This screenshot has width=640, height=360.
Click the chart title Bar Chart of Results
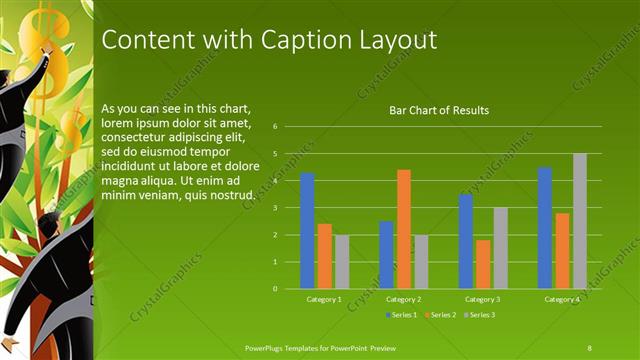439,110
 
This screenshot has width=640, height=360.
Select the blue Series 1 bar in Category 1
307,231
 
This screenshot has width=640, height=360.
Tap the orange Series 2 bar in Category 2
403,229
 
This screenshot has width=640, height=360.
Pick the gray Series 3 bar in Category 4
580,221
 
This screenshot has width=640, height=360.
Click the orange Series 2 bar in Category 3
483,264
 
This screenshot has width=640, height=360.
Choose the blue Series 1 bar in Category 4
545,228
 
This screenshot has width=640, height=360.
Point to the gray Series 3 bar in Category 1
342,262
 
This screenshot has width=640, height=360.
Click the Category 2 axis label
403,299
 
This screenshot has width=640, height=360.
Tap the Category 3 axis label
483,299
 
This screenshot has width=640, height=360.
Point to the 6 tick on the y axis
287,127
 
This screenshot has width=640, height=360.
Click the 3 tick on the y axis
287,208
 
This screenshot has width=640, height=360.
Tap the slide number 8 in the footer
590,346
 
